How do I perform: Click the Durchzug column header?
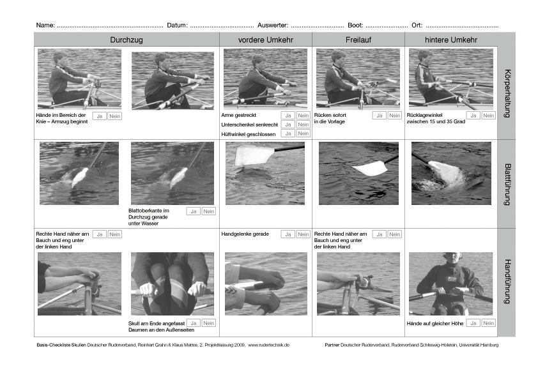(127, 40)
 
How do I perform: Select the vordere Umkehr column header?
(266, 40)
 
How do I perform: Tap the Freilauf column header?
(358, 40)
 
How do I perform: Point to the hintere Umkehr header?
(451, 40)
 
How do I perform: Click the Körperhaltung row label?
(507, 94)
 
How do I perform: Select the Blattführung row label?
(507, 184)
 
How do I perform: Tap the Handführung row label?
(507, 282)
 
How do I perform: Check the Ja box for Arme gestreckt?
(288, 116)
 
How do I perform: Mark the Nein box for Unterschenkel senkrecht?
(304, 125)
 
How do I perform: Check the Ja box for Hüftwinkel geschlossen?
(288, 133)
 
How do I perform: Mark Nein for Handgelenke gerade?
(304, 234)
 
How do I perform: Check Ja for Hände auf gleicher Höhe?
(473, 323)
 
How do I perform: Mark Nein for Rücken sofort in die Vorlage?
(395, 116)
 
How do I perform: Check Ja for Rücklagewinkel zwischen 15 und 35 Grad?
(473, 116)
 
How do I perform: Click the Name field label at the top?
(45, 26)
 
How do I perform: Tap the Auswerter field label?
(273, 26)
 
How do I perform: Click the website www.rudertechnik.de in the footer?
(268, 345)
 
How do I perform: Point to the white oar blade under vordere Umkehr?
(253, 155)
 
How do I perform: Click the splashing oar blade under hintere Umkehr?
(445, 175)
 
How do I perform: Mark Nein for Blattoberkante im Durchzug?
(208, 211)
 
